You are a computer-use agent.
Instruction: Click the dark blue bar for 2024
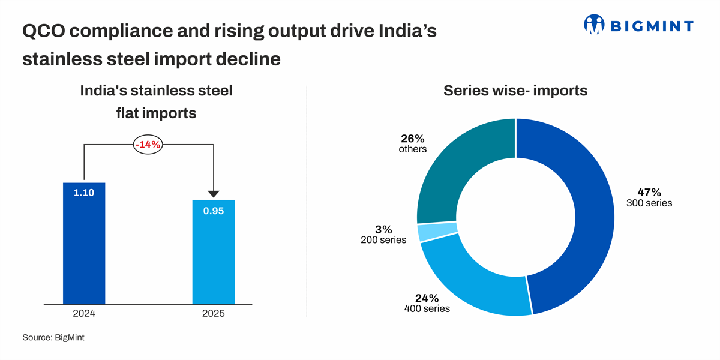[x=84, y=252]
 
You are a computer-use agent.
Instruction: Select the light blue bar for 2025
[x=213, y=258]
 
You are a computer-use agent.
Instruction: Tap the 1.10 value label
[x=84, y=193]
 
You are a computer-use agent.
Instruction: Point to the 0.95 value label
[x=213, y=211]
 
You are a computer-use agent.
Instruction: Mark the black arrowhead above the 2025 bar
[x=213, y=194]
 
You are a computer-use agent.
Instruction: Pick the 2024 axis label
[x=84, y=314]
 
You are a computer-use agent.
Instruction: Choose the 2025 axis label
[x=213, y=314]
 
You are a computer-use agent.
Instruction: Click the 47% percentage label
[x=649, y=193]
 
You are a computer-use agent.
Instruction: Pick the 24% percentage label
[x=427, y=298]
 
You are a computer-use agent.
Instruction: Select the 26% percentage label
[x=413, y=139]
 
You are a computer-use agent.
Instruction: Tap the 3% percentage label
[x=383, y=229]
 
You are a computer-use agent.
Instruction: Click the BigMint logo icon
[x=594, y=25]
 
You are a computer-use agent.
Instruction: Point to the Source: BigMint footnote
[x=53, y=338]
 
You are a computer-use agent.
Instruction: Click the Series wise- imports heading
[x=515, y=91]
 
